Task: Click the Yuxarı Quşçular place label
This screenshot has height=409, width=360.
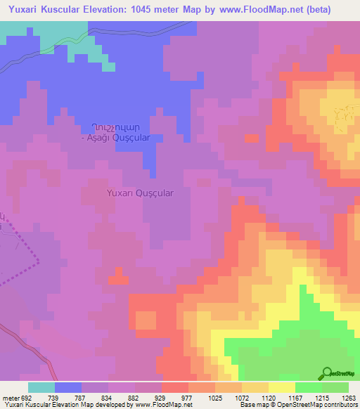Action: (139, 192)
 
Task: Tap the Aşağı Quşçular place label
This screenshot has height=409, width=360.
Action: (116, 138)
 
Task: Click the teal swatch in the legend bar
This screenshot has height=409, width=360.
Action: (41, 387)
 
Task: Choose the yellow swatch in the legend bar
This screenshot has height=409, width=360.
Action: (281, 387)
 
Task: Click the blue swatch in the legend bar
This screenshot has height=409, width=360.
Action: (67, 387)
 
